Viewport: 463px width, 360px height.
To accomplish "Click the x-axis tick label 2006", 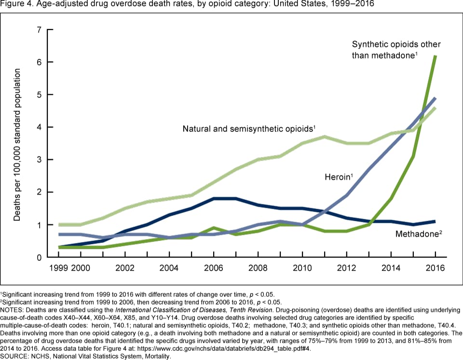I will pos(213,268).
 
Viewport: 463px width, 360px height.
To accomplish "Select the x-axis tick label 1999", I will pos(58,268).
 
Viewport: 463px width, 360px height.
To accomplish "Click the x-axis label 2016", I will pos(435,268).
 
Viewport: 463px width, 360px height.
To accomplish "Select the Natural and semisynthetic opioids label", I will pos(249,129).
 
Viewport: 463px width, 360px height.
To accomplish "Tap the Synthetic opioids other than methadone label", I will pos(395,50).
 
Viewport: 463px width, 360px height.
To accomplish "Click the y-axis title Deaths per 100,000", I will pos(17,145).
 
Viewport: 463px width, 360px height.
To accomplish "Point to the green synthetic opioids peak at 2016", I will pos(435,56).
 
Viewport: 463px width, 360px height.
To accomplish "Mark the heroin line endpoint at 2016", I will pos(435,98).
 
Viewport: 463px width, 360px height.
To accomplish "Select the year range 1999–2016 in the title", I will pos(351,4).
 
